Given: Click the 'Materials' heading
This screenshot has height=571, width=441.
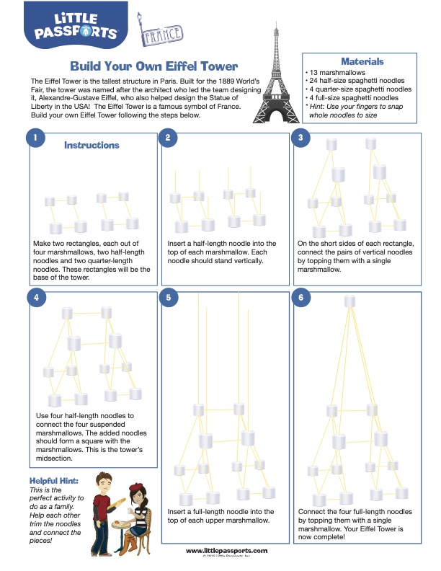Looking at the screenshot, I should click(362, 62).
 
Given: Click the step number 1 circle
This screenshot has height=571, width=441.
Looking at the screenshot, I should click(32, 137).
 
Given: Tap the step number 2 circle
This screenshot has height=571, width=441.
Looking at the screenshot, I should click(167, 137).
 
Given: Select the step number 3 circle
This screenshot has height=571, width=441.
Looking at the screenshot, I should click(302, 137).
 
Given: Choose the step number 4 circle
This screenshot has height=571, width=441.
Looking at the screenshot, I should click(32, 297).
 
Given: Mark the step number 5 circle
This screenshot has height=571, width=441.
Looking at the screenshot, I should click(167, 297).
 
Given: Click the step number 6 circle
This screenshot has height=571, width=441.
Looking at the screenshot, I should click(302, 297).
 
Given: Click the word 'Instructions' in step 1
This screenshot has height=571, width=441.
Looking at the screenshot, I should click(92, 145).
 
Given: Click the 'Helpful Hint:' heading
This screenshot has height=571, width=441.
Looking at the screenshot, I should click(54, 481).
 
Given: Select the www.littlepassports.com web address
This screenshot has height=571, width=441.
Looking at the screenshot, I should click(227, 551).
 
